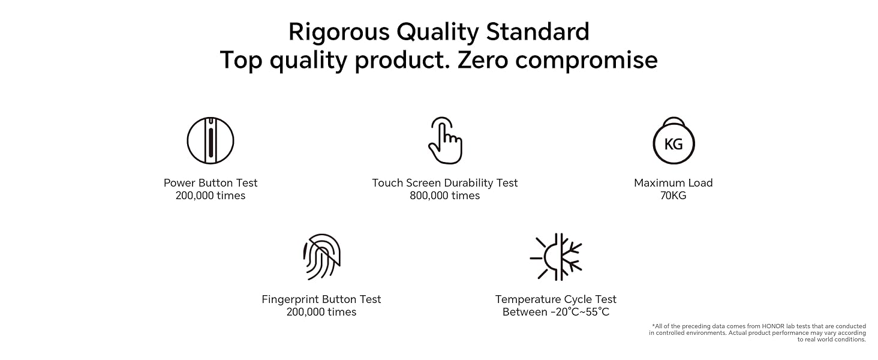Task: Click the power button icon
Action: click(x=211, y=140)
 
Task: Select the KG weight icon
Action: click(x=673, y=140)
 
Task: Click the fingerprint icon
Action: click(x=322, y=257)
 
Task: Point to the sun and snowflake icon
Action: click(x=556, y=257)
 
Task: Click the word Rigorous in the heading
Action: click(x=339, y=32)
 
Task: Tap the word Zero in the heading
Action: click(x=483, y=60)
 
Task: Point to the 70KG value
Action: click(x=673, y=195)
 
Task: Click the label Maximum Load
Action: click(x=673, y=183)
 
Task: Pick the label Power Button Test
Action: click(x=211, y=183)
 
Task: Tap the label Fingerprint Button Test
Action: click(x=321, y=299)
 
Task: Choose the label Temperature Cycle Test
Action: click(x=556, y=299)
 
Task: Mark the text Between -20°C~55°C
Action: click(x=556, y=312)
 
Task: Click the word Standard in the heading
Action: click(x=538, y=32)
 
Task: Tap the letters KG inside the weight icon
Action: click(x=673, y=145)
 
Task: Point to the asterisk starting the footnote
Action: click(x=654, y=325)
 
